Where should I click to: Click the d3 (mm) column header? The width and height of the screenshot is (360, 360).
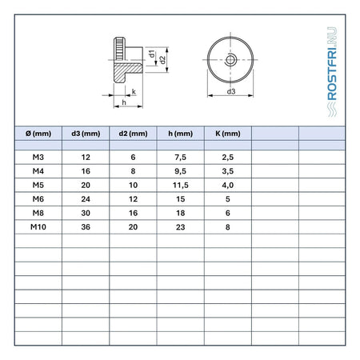tap(86, 134)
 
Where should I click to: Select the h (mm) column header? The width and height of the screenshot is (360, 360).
tap(181, 134)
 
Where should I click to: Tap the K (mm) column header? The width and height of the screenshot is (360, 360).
tap(228, 134)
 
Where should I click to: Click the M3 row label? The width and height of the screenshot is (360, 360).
tap(38, 157)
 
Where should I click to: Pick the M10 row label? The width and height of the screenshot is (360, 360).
tap(38, 227)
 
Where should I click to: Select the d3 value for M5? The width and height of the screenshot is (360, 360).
tap(86, 185)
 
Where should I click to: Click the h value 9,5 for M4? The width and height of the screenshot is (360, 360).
tap(181, 171)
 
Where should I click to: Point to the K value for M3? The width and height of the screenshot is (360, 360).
tap(228, 158)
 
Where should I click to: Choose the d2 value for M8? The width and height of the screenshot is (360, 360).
tap(133, 213)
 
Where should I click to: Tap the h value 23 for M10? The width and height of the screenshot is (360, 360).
tap(181, 227)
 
